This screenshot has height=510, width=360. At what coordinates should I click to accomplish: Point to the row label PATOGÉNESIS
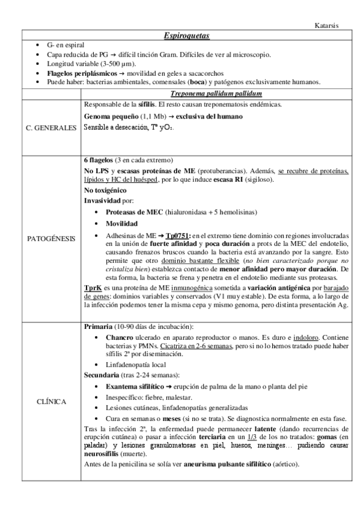[x=52, y=239]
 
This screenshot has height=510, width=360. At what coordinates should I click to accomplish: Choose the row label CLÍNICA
[x=52, y=401]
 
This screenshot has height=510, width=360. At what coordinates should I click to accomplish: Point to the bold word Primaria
[x=98, y=327]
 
